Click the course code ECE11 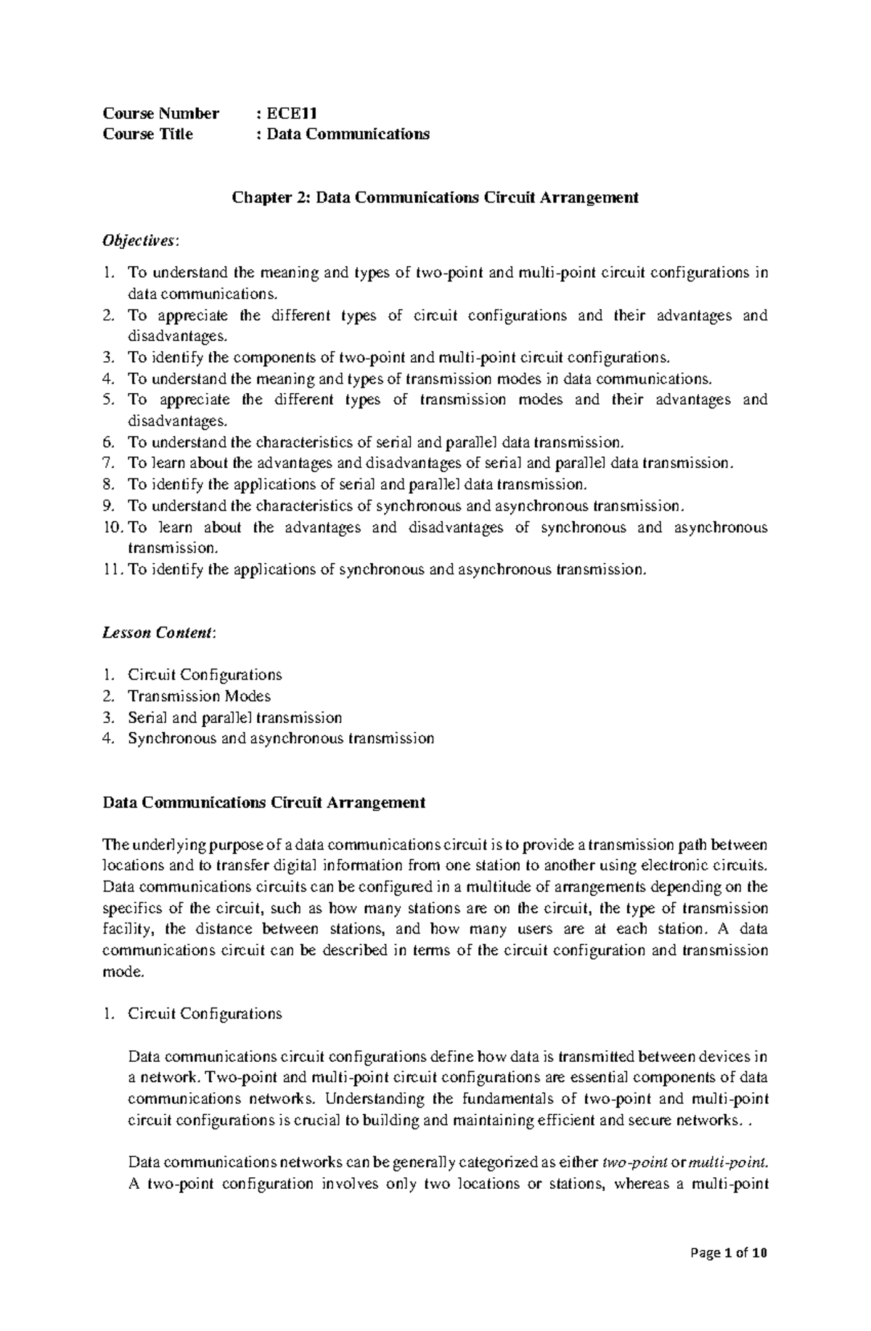click(292, 113)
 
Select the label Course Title click(148, 134)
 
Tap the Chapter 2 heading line click(434, 197)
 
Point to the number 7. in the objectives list click(109, 463)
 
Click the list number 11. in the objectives click(112, 569)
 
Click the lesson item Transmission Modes click(199, 696)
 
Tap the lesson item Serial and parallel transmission click(234, 718)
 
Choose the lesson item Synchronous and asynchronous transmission click(281, 739)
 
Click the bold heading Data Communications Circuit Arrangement click(264, 803)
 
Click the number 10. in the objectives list click(112, 527)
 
